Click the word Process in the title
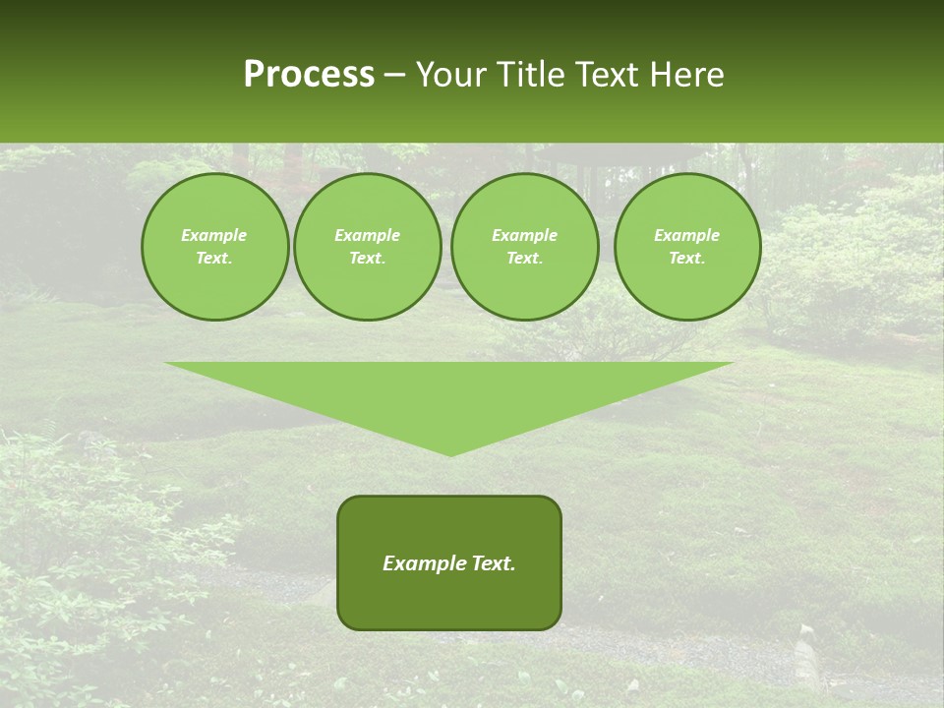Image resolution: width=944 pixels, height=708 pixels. pyautogui.click(x=309, y=75)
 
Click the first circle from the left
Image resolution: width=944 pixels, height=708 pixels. pyautogui.click(x=214, y=247)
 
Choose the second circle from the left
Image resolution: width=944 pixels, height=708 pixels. pyautogui.click(x=368, y=247)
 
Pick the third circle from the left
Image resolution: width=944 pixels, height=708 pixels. pyautogui.click(x=525, y=247)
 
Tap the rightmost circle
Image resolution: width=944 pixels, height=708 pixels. pyautogui.click(x=687, y=247)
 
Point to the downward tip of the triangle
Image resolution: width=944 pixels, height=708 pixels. pyautogui.click(x=450, y=453)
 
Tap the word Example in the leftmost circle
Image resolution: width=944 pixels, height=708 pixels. pyautogui.click(x=214, y=235)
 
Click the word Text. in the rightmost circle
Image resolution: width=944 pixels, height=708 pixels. pyautogui.click(x=687, y=259)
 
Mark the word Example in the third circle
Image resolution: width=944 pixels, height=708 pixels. pyautogui.click(x=525, y=235)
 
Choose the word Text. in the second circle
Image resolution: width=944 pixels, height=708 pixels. pyautogui.click(x=368, y=259)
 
